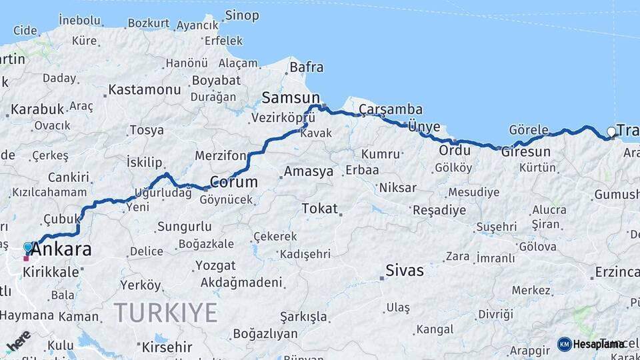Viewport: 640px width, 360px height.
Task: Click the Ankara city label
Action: point(61,251)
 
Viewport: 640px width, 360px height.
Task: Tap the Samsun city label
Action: point(291,98)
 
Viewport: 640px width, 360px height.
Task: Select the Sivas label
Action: point(405,271)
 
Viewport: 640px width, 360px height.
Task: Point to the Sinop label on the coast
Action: point(242,15)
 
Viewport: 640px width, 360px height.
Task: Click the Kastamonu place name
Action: point(145,89)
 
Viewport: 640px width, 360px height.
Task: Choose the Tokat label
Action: point(319,209)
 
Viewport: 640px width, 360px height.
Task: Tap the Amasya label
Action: point(308,171)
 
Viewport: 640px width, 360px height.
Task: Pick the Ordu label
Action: point(455,150)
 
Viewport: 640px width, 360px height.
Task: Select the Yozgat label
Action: point(215,265)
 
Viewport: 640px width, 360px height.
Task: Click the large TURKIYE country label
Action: point(165,312)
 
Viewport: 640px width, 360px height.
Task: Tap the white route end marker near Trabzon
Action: point(611,132)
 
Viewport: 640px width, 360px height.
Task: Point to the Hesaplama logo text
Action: point(598,344)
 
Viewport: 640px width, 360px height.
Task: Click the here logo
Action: point(17,341)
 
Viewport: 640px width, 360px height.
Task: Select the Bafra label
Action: point(307,67)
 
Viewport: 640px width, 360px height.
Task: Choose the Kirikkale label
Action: point(51,273)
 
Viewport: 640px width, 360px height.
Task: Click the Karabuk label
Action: point(37,109)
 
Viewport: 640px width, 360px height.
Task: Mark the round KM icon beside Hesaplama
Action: point(564,344)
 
